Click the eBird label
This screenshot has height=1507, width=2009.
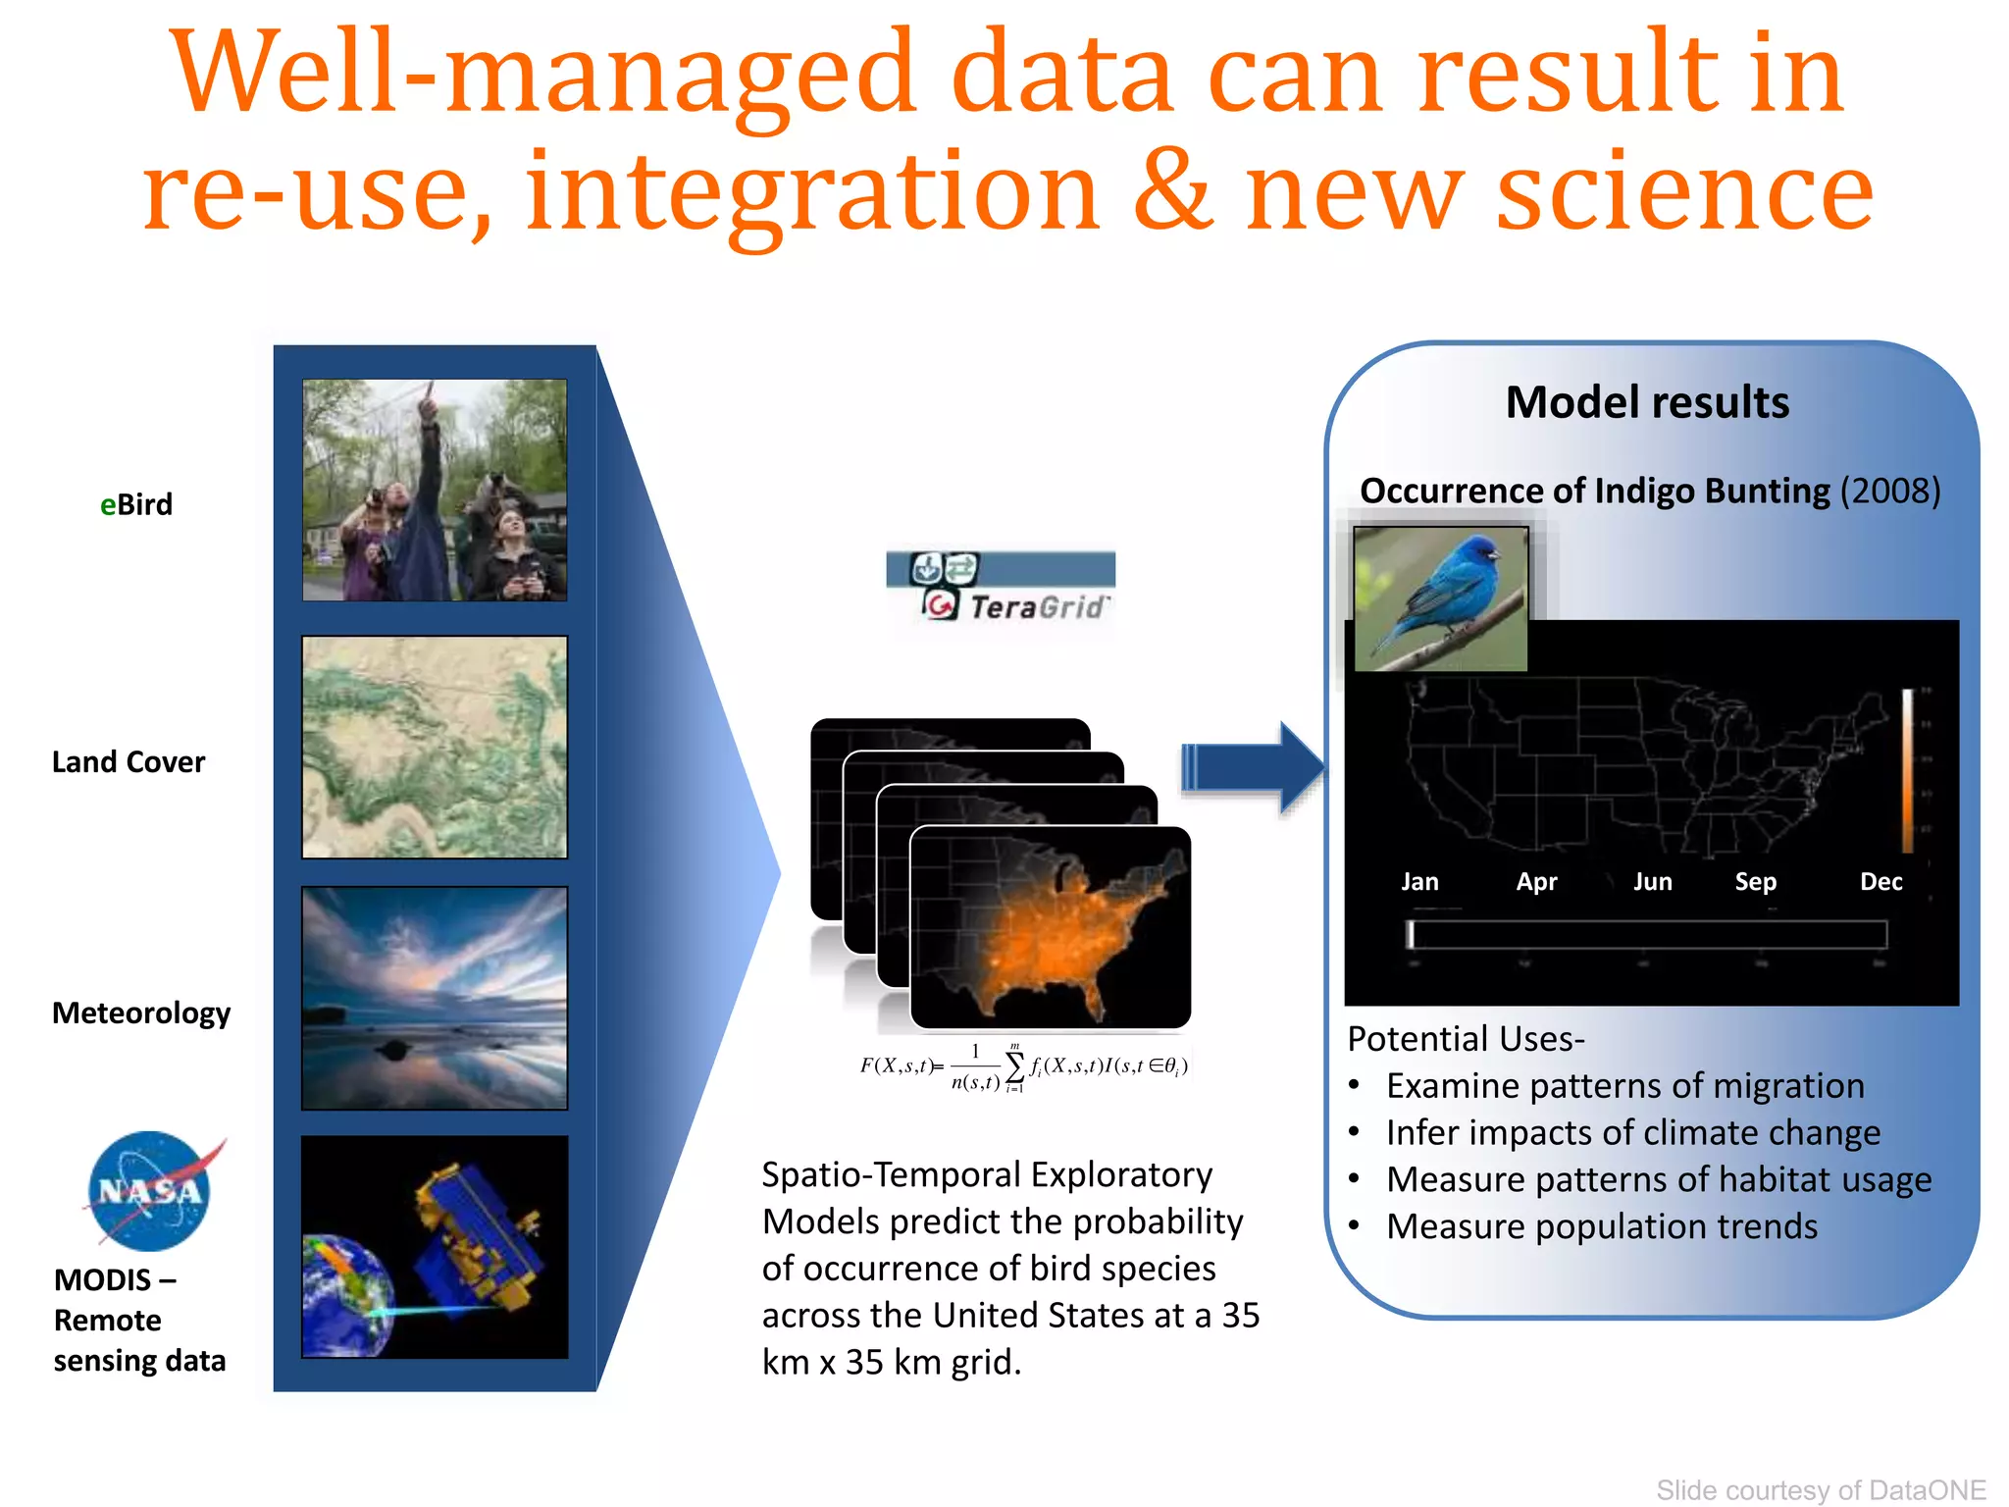(x=136, y=504)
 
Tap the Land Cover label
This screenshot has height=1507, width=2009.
(x=129, y=761)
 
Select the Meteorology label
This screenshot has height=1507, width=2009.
(x=141, y=1013)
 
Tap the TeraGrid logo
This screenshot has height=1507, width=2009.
(x=1001, y=587)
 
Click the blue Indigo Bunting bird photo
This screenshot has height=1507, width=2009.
(x=1440, y=598)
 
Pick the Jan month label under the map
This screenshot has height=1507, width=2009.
(x=1419, y=881)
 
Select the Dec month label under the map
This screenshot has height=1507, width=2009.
(x=1880, y=881)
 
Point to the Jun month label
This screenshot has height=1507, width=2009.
(x=1652, y=881)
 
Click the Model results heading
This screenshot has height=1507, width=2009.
(x=1647, y=402)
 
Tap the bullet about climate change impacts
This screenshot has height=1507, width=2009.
(x=1632, y=1132)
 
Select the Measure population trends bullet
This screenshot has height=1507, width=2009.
(x=1601, y=1226)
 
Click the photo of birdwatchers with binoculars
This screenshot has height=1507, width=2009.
(x=435, y=490)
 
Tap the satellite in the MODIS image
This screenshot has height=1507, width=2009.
(x=476, y=1236)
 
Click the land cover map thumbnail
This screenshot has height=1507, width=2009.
(x=435, y=747)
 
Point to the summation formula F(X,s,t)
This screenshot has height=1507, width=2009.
(x=1023, y=1067)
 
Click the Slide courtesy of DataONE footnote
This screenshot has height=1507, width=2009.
(x=1821, y=1489)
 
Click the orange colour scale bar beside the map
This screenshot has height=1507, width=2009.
(x=1908, y=771)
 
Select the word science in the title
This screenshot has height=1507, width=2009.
(x=1684, y=192)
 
